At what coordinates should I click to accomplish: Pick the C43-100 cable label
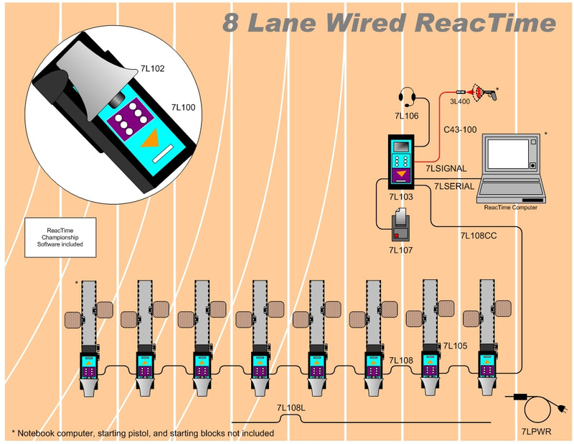click(460, 129)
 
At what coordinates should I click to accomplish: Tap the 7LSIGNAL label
click(446, 168)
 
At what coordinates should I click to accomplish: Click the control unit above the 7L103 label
click(401, 162)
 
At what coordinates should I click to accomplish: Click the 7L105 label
click(455, 346)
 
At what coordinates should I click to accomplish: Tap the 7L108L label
click(291, 408)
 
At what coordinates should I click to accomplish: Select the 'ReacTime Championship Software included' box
click(60, 237)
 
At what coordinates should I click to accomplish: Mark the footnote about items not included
click(143, 433)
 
